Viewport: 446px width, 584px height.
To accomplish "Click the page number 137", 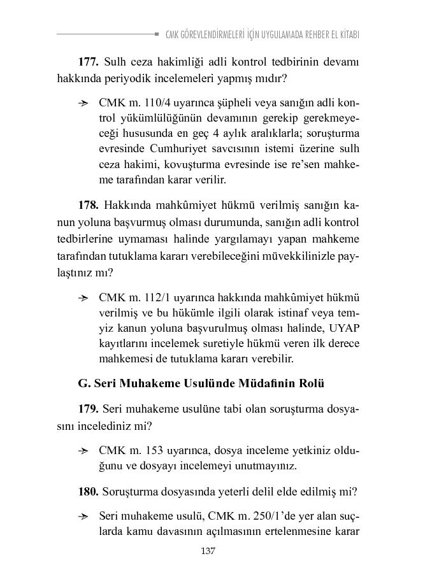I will [x=208, y=551].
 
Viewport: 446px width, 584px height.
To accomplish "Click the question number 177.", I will [x=88, y=62].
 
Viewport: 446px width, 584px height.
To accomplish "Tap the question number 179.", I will [x=88, y=408].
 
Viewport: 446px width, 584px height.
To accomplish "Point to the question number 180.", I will [x=88, y=492].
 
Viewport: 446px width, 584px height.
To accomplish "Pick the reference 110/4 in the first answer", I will [x=151, y=103].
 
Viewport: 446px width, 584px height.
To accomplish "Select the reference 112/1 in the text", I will [x=151, y=297].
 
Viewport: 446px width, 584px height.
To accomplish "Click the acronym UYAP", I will [x=345, y=328].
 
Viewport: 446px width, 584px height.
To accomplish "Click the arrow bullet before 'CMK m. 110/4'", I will [x=82, y=103].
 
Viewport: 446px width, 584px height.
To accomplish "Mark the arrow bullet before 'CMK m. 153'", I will [x=82, y=450].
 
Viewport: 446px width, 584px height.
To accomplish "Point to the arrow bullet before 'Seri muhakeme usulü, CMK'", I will [x=82, y=515].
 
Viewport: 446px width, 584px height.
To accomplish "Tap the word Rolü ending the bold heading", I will [x=312, y=383].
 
